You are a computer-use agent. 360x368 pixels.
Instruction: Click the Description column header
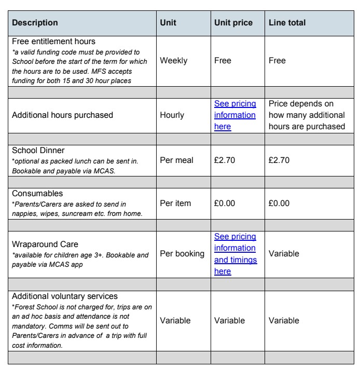click(x=35, y=23)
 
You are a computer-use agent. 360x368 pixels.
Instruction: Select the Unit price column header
click(x=233, y=23)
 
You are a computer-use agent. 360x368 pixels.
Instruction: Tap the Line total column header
click(x=287, y=23)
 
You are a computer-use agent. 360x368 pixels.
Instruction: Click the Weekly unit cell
click(x=174, y=61)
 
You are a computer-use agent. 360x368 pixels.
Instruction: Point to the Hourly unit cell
click(x=173, y=115)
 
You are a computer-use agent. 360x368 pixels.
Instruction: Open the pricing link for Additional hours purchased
click(x=235, y=115)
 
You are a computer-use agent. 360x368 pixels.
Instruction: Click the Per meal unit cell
click(x=177, y=160)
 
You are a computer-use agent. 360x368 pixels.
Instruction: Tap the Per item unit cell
click(x=176, y=203)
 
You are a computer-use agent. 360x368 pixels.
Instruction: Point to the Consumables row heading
click(x=37, y=194)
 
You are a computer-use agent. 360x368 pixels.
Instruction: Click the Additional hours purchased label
click(x=62, y=115)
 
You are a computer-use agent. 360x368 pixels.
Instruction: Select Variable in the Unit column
click(x=175, y=321)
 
